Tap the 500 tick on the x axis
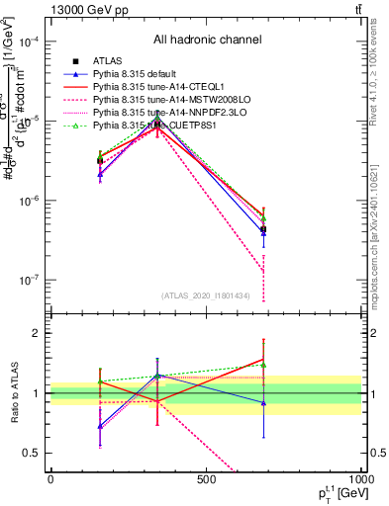point(205,479)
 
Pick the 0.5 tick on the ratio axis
point(33,453)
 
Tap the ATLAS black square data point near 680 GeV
point(263,229)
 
